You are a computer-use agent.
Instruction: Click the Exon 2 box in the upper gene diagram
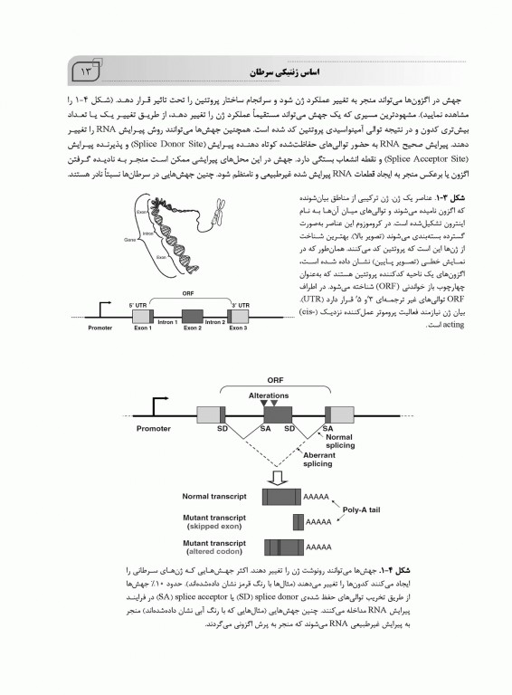pos(193,315)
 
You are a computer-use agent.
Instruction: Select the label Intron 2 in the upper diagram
pos(213,322)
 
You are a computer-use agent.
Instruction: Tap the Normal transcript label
pos(213,497)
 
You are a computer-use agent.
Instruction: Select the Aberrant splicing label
pos(318,458)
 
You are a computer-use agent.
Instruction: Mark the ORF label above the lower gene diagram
pos(274,381)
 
